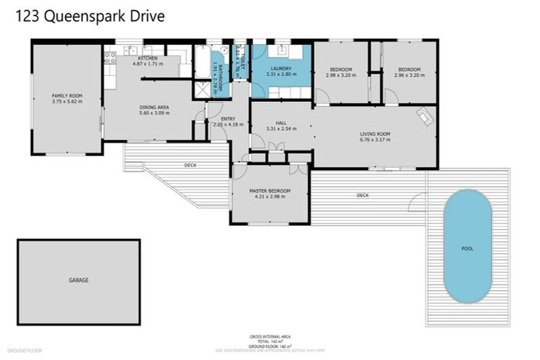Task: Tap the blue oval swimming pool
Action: pyautogui.click(x=468, y=247)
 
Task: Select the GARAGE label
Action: pyautogui.click(x=78, y=280)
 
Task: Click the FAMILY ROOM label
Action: pyautogui.click(x=67, y=96)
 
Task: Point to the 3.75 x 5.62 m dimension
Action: pyautogui.click(x=67, y=102)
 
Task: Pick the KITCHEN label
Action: pyautogui.click(x=148, y=58)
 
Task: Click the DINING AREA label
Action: pyautogui.click(x=154, y=107)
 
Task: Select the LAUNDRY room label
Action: pyautogui.click(x=279, y=68)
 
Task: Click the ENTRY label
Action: pyautogui.click(x=228, y=119)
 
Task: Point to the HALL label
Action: pyautogui.click(x=281, y=123)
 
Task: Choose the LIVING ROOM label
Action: pyautogui.click(x=375, y=134)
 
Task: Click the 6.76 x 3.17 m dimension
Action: pyautogui.click(x=375, y=140)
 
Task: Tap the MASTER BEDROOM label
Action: pyautogui.click(x=269, y=191)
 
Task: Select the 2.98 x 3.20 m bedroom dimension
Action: pyautogui.click(x=340, y=75)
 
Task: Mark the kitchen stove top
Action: pyautogui.click(x=110, y=58)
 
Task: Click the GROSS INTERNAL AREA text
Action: pyautogui.click(x=270, y=337)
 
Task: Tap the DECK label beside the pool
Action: pyautogui.click(x=362, y=195)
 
